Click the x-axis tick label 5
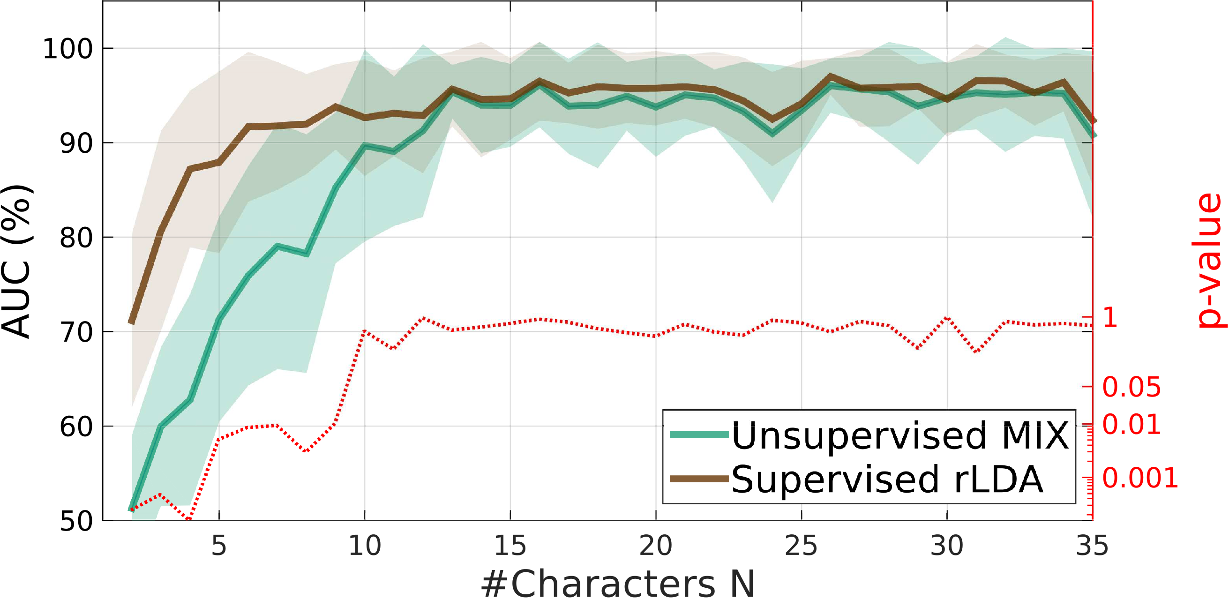(218, 546)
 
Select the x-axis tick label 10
(365, 546)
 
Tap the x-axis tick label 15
(510, 546)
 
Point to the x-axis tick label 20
(656, 546)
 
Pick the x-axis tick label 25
(801, 546)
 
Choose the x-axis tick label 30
(946, 546)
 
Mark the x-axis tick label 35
(1092, 546)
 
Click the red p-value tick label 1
(1110, 317)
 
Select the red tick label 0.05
(1131, 387)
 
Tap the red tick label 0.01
(1131, 424)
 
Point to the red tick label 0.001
(1140, 478)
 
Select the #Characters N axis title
(618, 583)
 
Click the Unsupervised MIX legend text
(900, 435)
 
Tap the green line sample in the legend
(699, 434)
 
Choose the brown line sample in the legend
(699, 479)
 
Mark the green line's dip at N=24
(772, 134)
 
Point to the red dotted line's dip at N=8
(306, 451)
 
